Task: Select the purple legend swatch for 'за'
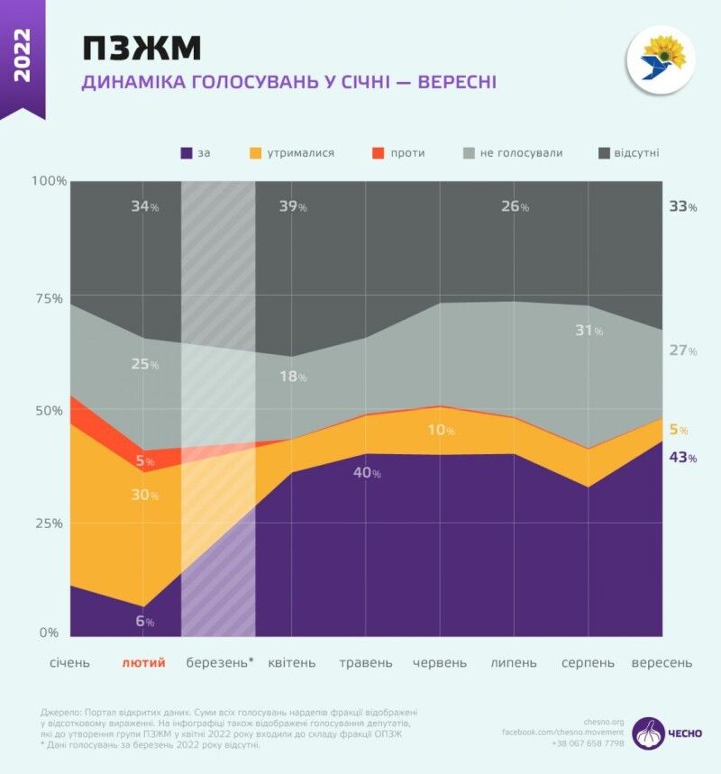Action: (x=187, y=153)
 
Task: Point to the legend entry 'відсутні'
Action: (x=628, y=153)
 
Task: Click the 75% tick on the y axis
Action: (x=49, y=298)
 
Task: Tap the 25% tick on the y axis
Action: (x=49, y=524)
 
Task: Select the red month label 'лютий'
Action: (x=144, y=663)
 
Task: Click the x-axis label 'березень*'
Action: (x=220, y=663)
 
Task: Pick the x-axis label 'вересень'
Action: (x=662, y=663)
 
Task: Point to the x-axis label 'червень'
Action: (x=440, y=663)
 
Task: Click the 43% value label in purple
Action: (x=682, y=458)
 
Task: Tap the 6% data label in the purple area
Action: (x=145, y=622)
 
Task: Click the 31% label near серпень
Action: (x=589, y=331)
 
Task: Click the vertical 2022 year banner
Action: (x=22, y=56)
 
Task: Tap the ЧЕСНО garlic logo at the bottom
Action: (x=649, y=733)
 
